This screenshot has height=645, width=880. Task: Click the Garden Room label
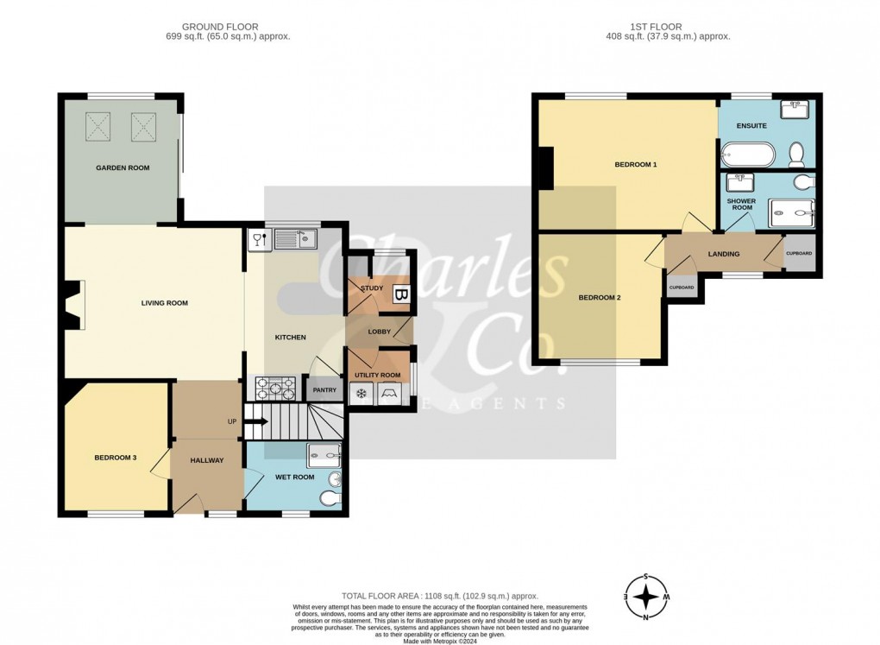coord(122,168)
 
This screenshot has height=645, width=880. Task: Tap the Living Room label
coord(165,303)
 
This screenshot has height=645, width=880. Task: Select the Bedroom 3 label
coord(116,458)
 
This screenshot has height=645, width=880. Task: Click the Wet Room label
coord(295,477)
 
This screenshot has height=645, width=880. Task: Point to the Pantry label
coord(324,390)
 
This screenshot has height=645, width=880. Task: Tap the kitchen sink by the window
coord(296,239)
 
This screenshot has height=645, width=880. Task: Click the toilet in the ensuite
coord(797,154)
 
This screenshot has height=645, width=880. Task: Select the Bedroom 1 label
coord(636,164)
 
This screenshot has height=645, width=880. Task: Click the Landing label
coord(723,254)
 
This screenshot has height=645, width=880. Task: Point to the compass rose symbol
coord(645,597)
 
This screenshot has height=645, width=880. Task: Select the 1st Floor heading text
coord(668,27)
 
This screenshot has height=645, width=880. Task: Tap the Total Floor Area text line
coord(440,596)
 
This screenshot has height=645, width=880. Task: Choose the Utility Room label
coord(378,375)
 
